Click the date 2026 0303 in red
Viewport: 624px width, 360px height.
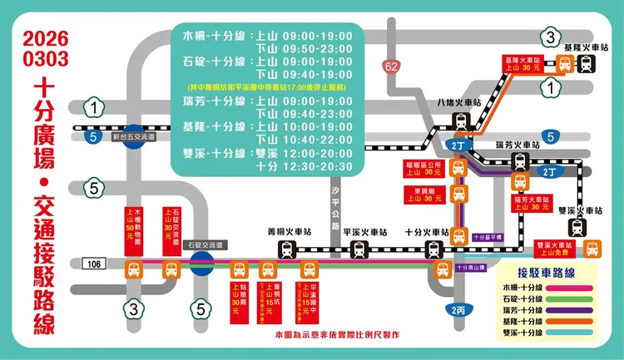tap(46, 49)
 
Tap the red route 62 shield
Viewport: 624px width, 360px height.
tap(392, 66)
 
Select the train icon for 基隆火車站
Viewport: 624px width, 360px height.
tap(586, 64)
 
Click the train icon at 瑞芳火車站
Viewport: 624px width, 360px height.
tap(520, 163)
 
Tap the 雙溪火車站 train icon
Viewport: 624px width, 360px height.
tap(577, 227)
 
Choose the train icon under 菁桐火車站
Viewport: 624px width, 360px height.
tap(288, 249)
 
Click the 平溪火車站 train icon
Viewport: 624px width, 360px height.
tap(359, 249)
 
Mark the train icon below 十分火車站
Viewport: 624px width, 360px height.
tap(433, 249)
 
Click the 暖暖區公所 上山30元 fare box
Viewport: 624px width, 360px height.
tap(423, 169)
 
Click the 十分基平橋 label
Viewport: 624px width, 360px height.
tap(488, 236)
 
